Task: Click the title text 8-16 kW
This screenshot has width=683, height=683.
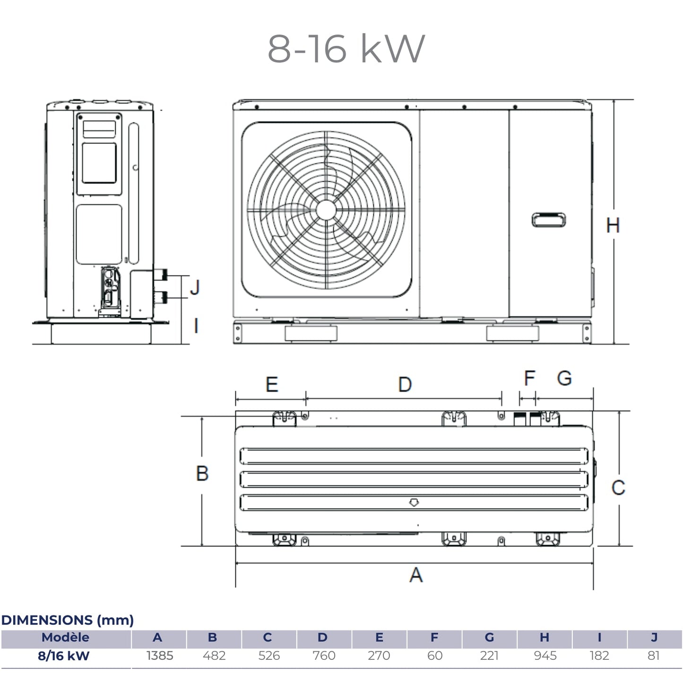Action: tap(346, 48)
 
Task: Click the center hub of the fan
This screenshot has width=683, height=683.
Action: tap(326, 210)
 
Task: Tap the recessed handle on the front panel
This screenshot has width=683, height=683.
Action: tap(548, 220)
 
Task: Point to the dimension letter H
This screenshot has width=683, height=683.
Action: tap(613, 225)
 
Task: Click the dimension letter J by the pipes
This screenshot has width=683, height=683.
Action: tap(195, 287)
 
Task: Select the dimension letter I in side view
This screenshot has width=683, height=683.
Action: tap(196, 326)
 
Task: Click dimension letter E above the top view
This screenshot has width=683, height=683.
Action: tap(272, 384)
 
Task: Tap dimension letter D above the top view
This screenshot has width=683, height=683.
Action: tap(405, 384)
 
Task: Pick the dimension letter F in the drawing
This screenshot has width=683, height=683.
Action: tap(529, 378)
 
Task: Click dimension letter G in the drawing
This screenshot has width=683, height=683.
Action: tap(564, 378)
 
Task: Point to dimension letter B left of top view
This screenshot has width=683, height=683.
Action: tap(202, 473)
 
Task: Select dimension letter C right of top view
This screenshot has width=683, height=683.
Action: tap(618, 487)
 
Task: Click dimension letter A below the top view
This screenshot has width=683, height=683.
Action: tap(415, 575)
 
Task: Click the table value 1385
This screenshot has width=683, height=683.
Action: tap(160, 656)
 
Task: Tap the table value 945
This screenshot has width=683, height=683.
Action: tap(545, 656)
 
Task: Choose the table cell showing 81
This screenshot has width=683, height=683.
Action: tap(654, 656)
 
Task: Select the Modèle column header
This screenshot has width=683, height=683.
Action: tap(65, 637)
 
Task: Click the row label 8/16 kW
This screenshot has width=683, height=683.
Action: tap(64, 656)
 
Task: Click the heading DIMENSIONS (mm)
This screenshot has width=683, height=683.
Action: tap(68, 620)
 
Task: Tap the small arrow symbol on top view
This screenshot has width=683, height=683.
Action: tap(414, 502)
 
